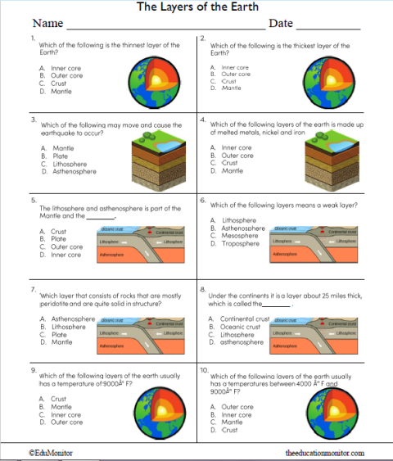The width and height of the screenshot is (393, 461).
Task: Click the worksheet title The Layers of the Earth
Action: pyautogui.click(x=196, y=7)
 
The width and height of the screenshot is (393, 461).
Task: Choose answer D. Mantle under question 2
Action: pyautogui.click(x=227, y=88)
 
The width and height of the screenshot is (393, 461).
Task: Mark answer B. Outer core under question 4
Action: pyautogui.click(x=232, y=156)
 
